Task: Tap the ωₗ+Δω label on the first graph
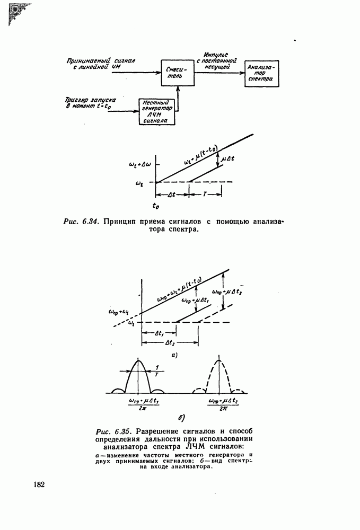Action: pos(140,165)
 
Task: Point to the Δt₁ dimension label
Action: pos(159,334)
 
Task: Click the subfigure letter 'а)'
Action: pos(175,355)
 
